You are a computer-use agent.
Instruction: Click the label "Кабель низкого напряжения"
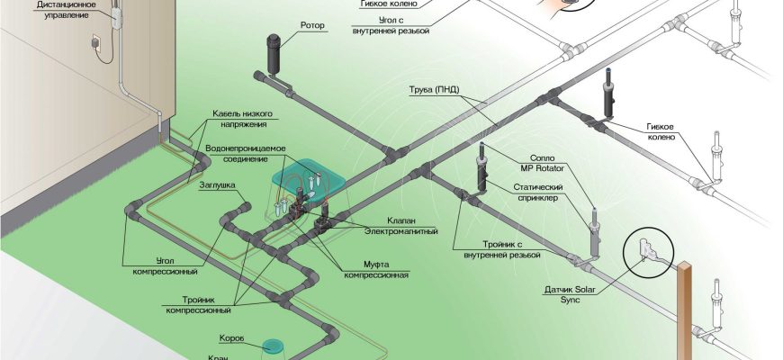[x=242, y=120]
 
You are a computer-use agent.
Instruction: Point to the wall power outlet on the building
[x=92, y=42]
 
